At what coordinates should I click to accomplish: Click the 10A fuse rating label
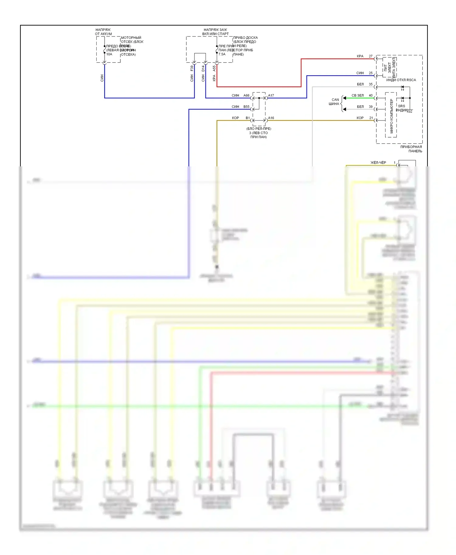(x=109, y=54)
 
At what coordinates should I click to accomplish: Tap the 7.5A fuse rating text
(x=222, y=54)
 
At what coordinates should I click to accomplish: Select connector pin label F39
(x=192, y=69)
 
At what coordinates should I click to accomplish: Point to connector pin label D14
(x=203, y=69)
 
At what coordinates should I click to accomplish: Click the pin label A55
(x=214, y=69)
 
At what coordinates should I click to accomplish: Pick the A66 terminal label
(x=246, y=95)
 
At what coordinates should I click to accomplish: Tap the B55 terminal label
(x=246, y=107)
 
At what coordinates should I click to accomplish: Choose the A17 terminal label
(x=271, y=95)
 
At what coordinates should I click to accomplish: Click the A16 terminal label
(x=271, y=118)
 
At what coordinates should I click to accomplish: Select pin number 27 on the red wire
(x=371, y=56)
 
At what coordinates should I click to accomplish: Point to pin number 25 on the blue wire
(x=371, y=73)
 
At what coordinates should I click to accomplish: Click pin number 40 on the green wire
(x=371, y=95)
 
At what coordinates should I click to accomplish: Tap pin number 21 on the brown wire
(x=371, y=118)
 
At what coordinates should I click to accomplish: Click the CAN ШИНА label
(x=334, y=102)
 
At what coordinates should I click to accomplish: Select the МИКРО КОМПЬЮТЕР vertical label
(x=391, y=116)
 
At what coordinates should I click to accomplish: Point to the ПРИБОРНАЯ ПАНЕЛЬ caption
(x=411, y=149)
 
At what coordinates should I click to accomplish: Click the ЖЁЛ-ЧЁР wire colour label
(x=378, y=163)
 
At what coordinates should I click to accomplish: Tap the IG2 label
(x=409, y=111)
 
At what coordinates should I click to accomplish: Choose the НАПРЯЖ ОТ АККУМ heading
(x=103, y=32)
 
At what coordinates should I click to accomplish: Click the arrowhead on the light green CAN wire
(x=344, y=98)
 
